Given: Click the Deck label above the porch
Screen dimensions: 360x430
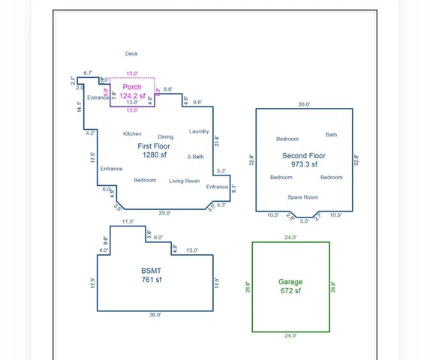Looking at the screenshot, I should pyautogui.click(x=131, y=54).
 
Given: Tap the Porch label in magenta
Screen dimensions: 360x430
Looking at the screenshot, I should pyautogui.click(x=132, y=87).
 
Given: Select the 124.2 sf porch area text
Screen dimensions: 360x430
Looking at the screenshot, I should pyautogui.click(x=132, y=95).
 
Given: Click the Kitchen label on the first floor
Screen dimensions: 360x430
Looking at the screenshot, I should pyautogui.click(x=132, y=134).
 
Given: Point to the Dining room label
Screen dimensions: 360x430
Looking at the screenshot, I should pyautogui.click(x=166, y=136).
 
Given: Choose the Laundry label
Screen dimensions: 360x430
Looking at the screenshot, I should pyautogui.click(x=199, y=131).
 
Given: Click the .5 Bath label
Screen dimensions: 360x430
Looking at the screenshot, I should pyautogui.click(x=195, y=157).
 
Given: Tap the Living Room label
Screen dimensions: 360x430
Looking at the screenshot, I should pyautogui.click(x=184, y=181).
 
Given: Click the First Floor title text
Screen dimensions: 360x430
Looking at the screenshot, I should pyautogui.click(x=154, y=146).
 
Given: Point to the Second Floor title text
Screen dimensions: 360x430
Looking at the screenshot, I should pyautogui.click(x=304, y=156).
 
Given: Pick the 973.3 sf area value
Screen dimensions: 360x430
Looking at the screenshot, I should pyautogui.click(x=304, y=164).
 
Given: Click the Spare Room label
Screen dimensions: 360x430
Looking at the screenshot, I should pyautogui.click(x=303, y=197).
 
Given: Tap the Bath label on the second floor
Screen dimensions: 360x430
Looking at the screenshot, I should pyautogui.click(x=331, y=135).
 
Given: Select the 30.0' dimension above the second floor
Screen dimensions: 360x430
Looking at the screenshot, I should pyautogui.click(x=303, y=104).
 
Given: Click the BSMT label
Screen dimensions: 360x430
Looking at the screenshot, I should pyautogui.click(x=151, y=271).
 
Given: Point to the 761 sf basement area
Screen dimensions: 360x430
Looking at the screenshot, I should pyautogui.click(x=151, y=280).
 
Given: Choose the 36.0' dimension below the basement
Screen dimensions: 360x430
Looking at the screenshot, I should pyautogui.click(x=154, y=315).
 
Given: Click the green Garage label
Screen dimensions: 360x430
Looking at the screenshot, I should pyautogui.click(x=290, y=282).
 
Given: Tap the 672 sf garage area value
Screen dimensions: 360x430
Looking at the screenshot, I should pyautogui.click(x=290, y=291).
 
